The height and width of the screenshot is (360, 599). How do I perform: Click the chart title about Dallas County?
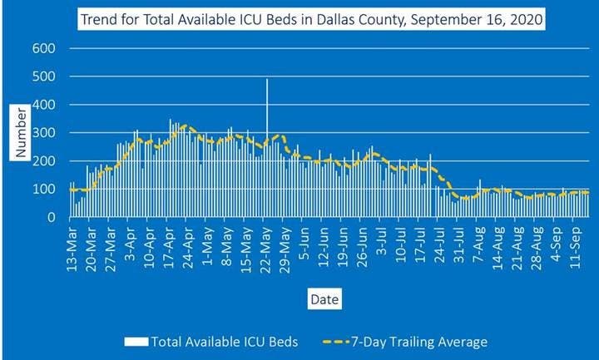click(310, 17)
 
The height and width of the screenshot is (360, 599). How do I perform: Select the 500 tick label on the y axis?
click(42, 76)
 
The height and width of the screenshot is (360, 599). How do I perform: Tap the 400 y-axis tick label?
click(42, 105)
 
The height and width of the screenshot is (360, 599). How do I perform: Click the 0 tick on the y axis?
click(51, 218)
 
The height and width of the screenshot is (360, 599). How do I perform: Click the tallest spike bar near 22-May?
click(267, 125)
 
